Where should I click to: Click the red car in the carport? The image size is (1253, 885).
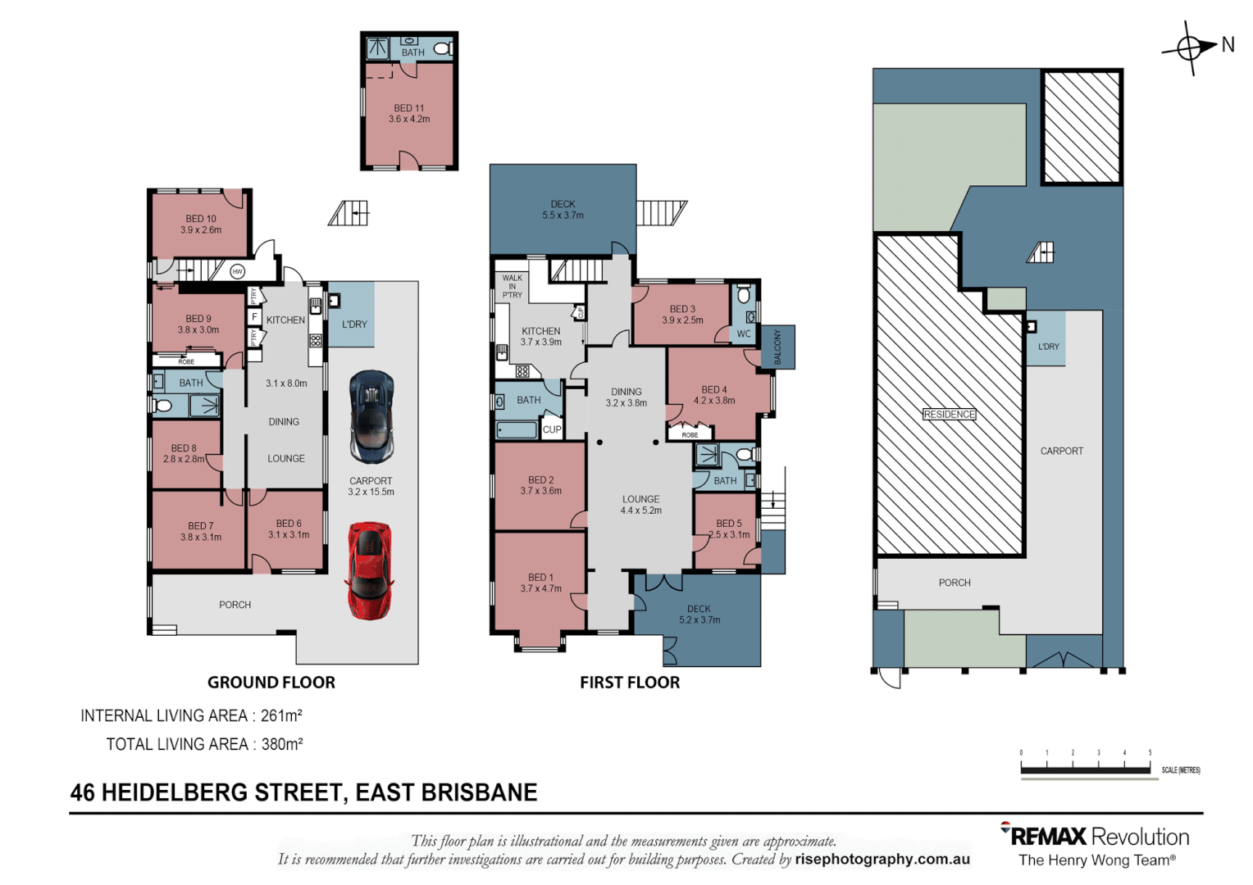coord(370,570)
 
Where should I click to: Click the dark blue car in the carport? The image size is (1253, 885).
coord(371,416)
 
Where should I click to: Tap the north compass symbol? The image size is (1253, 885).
coord(1190,48)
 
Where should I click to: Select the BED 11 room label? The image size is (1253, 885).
coord(409,113)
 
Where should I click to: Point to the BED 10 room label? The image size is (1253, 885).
coord(201,224)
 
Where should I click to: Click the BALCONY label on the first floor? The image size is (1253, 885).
coord(778,347)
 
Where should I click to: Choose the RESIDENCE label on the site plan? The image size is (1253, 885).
coord(949,414)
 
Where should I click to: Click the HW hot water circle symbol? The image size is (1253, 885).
coord(238,271)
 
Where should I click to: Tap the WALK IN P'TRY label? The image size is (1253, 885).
coord(512,286)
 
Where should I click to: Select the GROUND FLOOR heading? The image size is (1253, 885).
coord(271,682)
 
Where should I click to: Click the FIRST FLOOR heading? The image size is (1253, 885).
coord(629,682)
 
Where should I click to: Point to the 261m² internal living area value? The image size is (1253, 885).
coord(281,715)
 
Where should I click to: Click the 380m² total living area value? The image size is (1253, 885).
coord(282,744)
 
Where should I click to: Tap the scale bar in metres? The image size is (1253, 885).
coord(1085,769)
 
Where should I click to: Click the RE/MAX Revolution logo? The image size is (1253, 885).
coord(1095,837)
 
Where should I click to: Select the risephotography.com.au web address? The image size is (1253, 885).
coord(882,859)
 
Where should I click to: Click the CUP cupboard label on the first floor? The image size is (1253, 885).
coord(552,429)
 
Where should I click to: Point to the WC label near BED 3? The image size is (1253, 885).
coord(743,334)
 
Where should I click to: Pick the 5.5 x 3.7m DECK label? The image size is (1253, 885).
coord(563,210)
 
